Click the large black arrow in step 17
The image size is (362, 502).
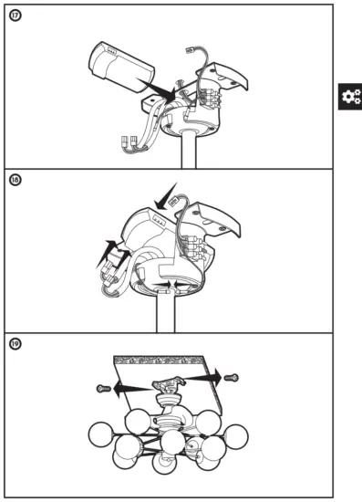[163, 89]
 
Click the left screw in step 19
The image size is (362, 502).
[102, 388]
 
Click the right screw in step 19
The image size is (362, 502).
[231, 376]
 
